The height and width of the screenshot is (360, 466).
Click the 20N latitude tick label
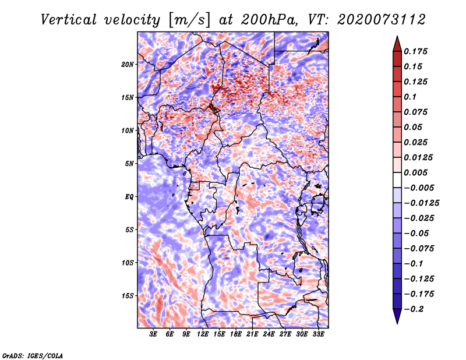[128, 64]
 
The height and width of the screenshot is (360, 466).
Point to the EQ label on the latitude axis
[129, 196]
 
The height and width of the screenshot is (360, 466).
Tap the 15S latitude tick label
[128, 295]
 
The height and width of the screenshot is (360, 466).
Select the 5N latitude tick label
[129, 163]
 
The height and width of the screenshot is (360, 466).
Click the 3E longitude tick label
[154, 334]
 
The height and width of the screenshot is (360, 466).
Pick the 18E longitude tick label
[236, 334]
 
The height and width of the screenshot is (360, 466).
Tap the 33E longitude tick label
[318, 334]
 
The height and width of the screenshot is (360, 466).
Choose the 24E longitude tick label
[269, 334]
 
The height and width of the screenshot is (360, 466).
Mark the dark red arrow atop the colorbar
[397, 42]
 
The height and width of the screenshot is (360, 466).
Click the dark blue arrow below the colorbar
[397, 317]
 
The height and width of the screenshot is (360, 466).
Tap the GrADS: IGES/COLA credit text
[32, 355]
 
